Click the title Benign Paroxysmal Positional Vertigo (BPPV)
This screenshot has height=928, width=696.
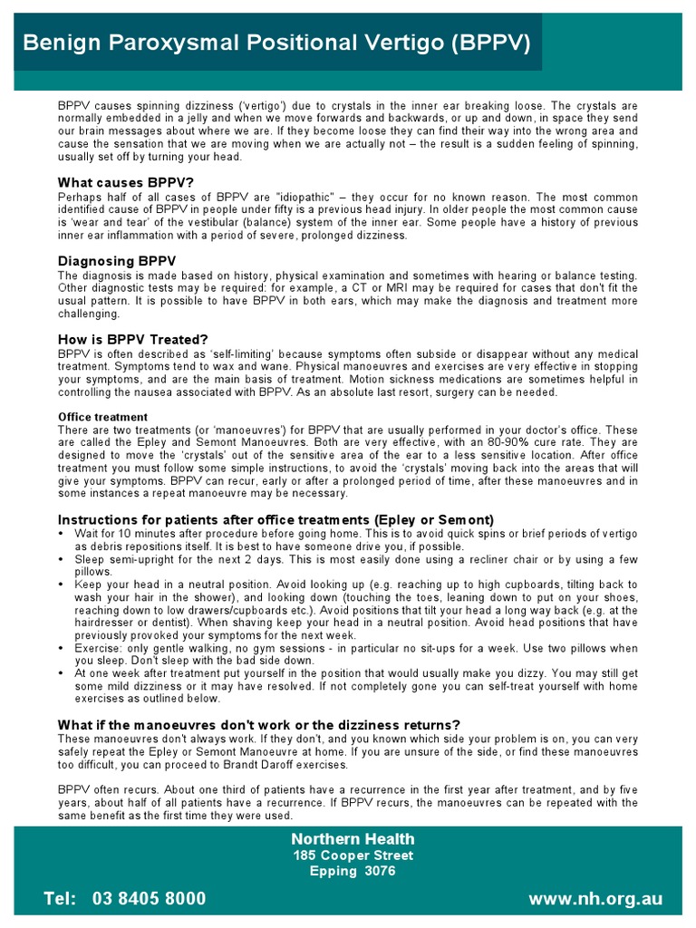pos(276,43)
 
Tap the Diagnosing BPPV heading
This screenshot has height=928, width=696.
pos(111,261)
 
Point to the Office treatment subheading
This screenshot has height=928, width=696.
pos(102,417)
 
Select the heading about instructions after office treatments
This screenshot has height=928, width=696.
pos(275,519)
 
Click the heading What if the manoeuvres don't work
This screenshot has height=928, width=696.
pos(258,724)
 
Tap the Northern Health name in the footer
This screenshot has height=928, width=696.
pos(353,838)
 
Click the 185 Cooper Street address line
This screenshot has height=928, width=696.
pos(353,855)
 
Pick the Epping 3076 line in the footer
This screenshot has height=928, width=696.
pos(353,872)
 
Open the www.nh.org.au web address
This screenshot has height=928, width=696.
pos(595,899)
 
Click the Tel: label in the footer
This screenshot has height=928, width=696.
pos(62,899)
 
